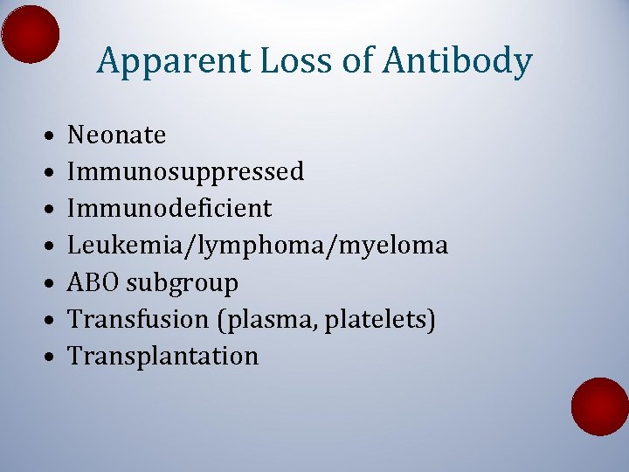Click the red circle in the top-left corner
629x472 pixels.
[31, 34]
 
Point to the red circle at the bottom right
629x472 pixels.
[600, 406]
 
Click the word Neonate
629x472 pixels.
[117, 135]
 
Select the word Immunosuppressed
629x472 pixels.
[186, 172]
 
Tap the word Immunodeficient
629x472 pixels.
[170, 209]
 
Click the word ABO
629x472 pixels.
[93, 283]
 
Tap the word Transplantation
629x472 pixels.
[163, 357]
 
